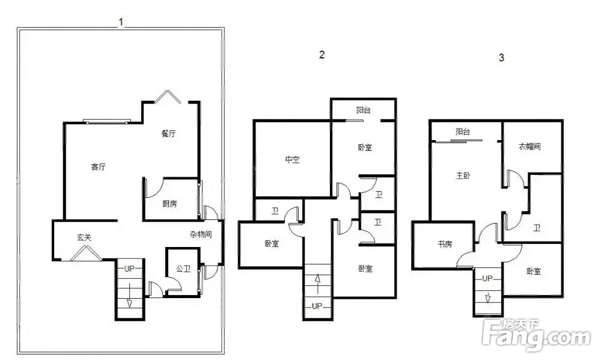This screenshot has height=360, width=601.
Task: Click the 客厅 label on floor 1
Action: click(x=98, y=167)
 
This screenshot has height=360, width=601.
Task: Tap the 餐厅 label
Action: click(x=168, y=134)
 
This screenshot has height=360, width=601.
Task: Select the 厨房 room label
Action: click(x=169, y=204)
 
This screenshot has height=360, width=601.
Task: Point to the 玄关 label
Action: click(x=84, y=238)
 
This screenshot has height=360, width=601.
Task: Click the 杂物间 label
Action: click(x=201, y=234)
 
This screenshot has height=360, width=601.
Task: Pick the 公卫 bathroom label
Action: click(x=183, y=269)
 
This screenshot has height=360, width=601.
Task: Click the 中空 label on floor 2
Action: click(x=292, y=159)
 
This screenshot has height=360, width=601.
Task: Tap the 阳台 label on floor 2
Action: click(x=364, y=111)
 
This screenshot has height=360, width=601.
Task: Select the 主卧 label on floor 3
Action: click(x=463, y=176)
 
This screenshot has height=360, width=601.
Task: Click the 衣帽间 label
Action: click(x=529, y=146)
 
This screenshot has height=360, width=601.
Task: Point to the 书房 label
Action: click(x=445, y=244)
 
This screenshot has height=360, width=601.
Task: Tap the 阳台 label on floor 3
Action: click(x=463, y=132)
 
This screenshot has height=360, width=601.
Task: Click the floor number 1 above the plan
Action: click(x=121, y=22)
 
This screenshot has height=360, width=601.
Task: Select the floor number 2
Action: click(x=322, y=55)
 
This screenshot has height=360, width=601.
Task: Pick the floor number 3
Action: click(x=501, y=58)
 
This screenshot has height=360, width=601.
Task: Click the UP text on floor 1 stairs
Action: click(x=130, y=269)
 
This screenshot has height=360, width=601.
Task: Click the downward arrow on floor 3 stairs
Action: click(x=488, y=298)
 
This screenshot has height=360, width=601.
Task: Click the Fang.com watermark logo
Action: click(x=537, y=334)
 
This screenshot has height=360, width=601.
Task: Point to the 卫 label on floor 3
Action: click(x=537, y=228)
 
